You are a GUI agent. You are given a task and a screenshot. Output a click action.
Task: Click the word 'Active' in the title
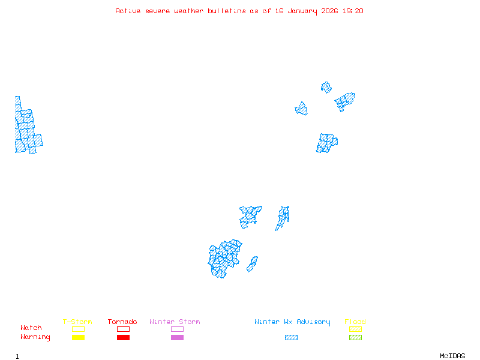(128, 11)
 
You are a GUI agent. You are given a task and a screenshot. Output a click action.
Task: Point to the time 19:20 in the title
(353, 11)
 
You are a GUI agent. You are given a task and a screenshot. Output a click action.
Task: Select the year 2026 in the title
(329, 11)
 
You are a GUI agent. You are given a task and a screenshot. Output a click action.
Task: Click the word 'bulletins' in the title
(227, 11)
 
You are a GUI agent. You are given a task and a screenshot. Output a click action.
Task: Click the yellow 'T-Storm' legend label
(77, 322)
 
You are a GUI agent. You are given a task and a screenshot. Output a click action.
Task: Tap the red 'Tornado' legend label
(122, 322)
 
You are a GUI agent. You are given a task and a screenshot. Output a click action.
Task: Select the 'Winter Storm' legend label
(175, 322)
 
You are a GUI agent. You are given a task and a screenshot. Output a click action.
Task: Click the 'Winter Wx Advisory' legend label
(292, 322)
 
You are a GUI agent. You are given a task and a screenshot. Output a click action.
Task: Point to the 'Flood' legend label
(355, 322)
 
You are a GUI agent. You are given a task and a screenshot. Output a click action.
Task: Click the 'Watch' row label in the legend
(31, 328)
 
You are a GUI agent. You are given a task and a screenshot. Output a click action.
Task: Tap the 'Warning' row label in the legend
(35, 337)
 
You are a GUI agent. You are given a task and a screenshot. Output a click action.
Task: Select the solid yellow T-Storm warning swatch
(78, 338)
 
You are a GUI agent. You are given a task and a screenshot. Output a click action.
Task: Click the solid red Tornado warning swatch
(123, 338)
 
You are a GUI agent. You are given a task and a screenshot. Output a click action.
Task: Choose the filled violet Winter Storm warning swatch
(177, 338)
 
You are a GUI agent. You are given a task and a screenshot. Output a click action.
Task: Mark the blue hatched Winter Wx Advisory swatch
(291, 338)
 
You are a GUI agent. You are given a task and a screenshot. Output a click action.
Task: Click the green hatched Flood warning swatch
(355, 338)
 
